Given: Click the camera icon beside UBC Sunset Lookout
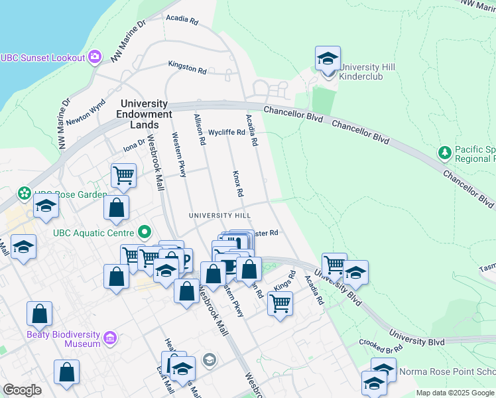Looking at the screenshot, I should (95, 57).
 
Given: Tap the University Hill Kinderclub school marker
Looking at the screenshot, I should (328, 60).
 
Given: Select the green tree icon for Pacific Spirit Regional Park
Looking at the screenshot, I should (444, 153).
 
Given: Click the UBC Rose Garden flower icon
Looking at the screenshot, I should (25, 194).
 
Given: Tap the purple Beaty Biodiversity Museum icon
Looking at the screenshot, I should (110, 339).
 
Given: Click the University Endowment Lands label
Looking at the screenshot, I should (144, 114).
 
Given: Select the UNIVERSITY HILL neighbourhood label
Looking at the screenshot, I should (219, 216).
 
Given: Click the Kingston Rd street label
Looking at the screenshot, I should (188, 68).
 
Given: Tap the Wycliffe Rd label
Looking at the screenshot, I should (227, 132).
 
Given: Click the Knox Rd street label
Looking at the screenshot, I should (238, 183).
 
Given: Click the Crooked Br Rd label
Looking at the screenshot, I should (381, 345).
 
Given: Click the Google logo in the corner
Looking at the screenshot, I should (22, 390).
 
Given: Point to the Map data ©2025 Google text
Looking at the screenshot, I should (456, 393).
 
